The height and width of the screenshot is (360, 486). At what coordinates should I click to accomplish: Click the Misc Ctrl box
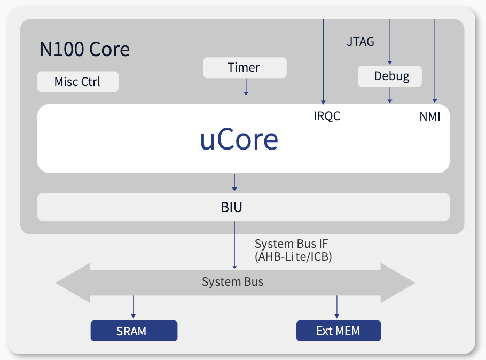77,82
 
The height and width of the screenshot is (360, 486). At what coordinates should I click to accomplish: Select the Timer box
245,68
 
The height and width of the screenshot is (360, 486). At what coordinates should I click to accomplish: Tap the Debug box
390,76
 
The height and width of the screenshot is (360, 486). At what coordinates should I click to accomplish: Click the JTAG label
360,41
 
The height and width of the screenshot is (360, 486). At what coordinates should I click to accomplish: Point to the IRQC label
327,116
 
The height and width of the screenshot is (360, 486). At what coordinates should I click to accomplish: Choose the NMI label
430,116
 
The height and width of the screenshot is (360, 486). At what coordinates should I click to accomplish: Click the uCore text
239,139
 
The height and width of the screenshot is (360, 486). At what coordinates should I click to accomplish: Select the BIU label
232,207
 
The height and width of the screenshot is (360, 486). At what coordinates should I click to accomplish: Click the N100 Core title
84,50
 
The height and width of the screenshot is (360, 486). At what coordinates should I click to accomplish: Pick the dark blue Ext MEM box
338,331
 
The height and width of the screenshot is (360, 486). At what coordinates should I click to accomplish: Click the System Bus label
232,281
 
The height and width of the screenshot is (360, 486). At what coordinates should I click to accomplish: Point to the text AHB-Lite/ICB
293,257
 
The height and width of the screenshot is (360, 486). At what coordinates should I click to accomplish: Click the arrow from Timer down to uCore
246,87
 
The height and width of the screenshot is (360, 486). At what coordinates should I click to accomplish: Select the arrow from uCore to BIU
234,182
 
